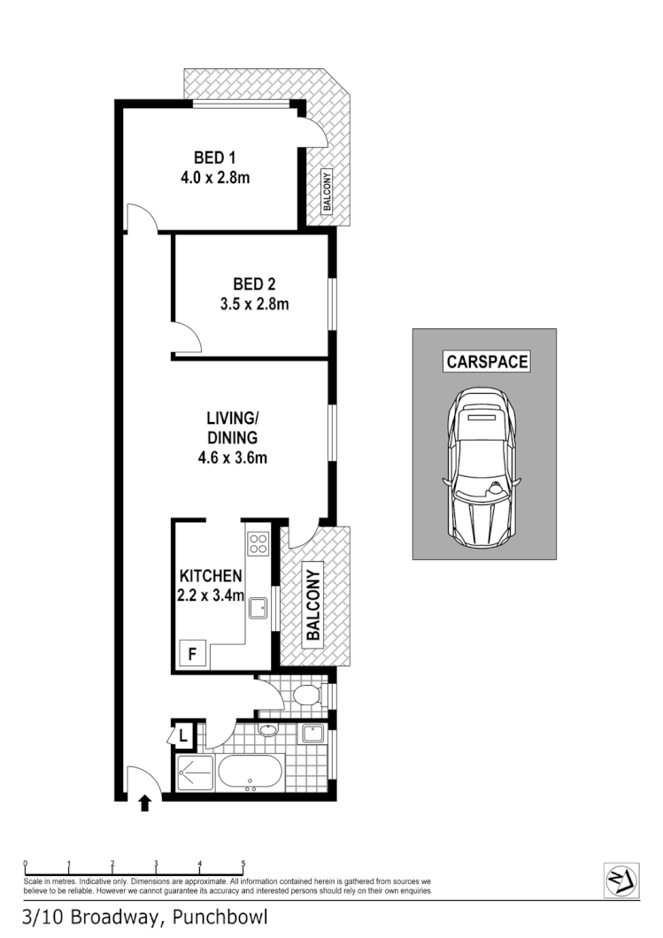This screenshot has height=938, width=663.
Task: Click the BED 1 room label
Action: (215, 158)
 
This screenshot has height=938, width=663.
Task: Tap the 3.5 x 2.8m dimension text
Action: (254, 304)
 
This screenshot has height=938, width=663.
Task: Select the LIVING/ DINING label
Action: (232, 427)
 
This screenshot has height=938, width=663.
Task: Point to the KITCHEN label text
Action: (211, 575)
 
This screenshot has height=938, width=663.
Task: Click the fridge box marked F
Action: (191, 656)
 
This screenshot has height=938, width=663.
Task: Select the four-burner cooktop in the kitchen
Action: (258, 542)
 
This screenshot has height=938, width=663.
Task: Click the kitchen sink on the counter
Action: (258, 608)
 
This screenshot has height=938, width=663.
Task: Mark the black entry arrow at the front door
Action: (145, 803)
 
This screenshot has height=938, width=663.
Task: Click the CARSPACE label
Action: (486, 361)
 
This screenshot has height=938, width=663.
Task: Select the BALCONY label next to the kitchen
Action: (312, 604)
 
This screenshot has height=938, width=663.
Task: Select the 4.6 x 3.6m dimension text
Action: (232, 457)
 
